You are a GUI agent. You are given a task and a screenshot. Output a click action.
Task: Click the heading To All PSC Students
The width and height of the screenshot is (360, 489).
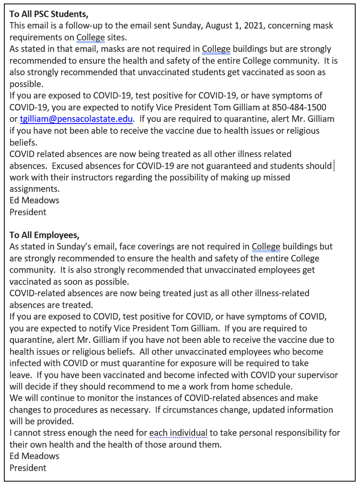(x=49, y=13)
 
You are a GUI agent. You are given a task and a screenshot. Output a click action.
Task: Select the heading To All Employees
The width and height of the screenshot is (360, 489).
(x=45, y=235)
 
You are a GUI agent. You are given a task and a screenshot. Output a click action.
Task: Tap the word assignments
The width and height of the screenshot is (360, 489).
(x=35, y=189)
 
